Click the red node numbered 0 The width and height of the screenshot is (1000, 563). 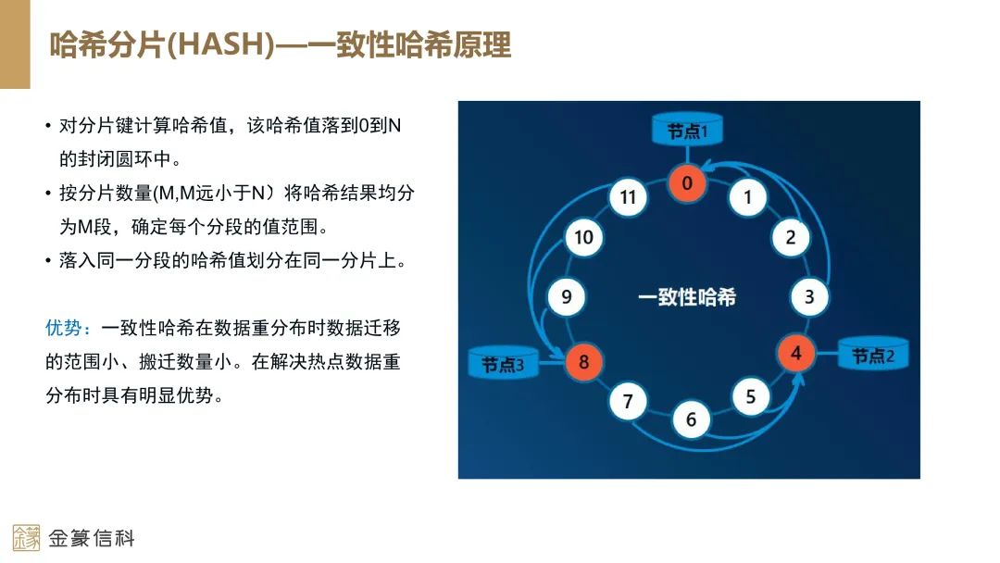coord(687,183)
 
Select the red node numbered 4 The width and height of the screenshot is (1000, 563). coord(795,354)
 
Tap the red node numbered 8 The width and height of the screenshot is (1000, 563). coord(583,361)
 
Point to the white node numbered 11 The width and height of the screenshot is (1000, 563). coord(629,197)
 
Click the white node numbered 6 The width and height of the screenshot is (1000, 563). coord(691,420)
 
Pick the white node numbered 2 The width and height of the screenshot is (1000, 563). coord(790,237)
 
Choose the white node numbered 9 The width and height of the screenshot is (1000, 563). coord(567,297)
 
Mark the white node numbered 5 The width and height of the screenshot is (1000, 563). coord(751,397)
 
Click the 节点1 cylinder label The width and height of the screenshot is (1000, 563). coord(687,131)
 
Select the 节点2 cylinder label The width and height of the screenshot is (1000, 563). coord(872,355)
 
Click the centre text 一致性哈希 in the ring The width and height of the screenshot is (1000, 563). coord(687,297)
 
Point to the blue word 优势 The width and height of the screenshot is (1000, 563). coord(68,328)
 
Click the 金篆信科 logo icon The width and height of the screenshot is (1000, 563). coord(26,538)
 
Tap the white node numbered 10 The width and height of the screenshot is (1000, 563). coord(583,237)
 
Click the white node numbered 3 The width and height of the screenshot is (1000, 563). coord(809,297)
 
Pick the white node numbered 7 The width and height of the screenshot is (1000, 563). coord(628,401)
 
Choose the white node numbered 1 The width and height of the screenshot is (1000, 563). coord(748,196)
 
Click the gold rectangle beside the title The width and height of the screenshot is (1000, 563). coord(15,44)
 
